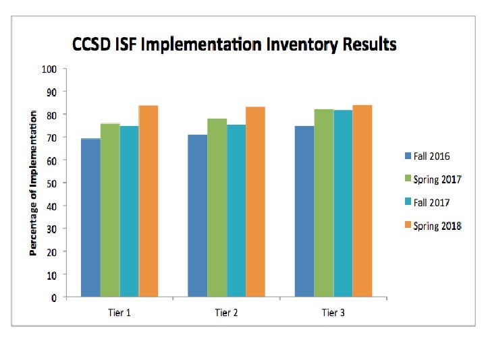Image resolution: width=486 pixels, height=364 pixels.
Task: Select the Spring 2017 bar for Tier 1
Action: coord(110,210)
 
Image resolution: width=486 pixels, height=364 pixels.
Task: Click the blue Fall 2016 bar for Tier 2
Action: coord(198,216)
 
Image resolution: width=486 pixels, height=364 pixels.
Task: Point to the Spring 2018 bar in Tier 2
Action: coord(255,202)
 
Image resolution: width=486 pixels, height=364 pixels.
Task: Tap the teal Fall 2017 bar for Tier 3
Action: coord(343,203)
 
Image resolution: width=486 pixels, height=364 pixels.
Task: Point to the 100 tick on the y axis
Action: coord(49,69)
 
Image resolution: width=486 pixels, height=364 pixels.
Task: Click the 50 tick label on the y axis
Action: coord(51,183)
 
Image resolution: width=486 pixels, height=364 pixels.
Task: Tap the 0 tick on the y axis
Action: coord(53,297)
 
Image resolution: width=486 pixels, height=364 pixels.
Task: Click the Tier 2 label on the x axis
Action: coord(226,313)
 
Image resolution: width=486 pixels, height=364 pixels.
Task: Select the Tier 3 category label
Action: coord(333,313)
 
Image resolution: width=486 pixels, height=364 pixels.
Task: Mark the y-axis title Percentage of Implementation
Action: coord(32,183)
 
